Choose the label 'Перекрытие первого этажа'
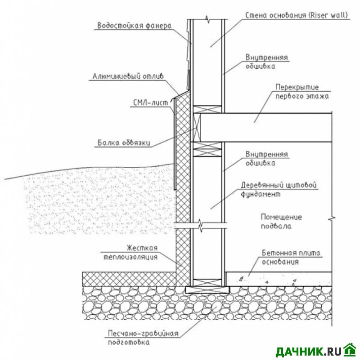click(x=302, y=92)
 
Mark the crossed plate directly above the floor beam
click(x=207, y=109)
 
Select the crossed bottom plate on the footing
click(x=207, y=282)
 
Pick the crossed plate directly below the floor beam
click(x=207, y=147)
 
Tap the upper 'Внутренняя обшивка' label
click(x=267, y=62)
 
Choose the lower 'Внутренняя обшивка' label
click(x=267, y=159)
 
